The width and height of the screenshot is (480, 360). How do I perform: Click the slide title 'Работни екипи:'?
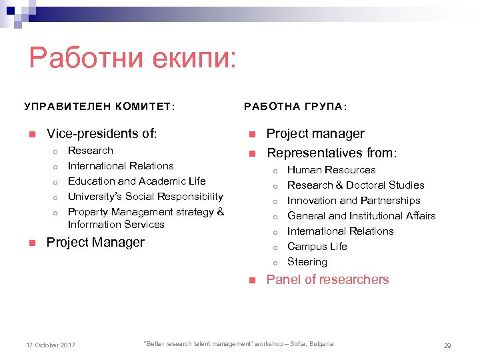pos(133,59)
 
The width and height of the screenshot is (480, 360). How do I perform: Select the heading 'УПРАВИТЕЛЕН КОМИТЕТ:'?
pos(100,106)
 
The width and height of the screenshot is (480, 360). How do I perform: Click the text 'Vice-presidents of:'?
pos(102,133)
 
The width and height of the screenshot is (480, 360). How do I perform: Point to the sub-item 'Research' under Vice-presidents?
pos(91,151)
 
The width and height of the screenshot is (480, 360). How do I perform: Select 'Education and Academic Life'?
pos(137,181)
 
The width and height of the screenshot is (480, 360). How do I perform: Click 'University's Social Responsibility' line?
pos(145,197)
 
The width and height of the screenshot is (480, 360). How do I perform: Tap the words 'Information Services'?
pos(116,225)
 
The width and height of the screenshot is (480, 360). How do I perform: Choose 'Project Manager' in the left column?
pos(95,242)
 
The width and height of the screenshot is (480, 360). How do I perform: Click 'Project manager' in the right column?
pos(315,133)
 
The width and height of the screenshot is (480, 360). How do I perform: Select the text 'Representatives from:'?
pos(331,153)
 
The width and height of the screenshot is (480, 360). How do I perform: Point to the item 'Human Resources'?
pos(331,170)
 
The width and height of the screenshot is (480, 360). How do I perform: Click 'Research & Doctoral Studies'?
pos(355,185)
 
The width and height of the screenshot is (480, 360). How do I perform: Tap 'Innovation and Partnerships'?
pos(353,201)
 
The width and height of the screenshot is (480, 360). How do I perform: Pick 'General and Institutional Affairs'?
pos(361,216)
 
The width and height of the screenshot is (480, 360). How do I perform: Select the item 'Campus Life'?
pos(317,247)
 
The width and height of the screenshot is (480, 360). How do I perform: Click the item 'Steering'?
pos(307,262)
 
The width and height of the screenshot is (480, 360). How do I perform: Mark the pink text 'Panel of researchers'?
pos(327,280)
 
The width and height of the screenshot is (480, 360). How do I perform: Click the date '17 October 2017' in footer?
pos(51,345)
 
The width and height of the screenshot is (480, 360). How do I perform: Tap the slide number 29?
pos(447,345)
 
